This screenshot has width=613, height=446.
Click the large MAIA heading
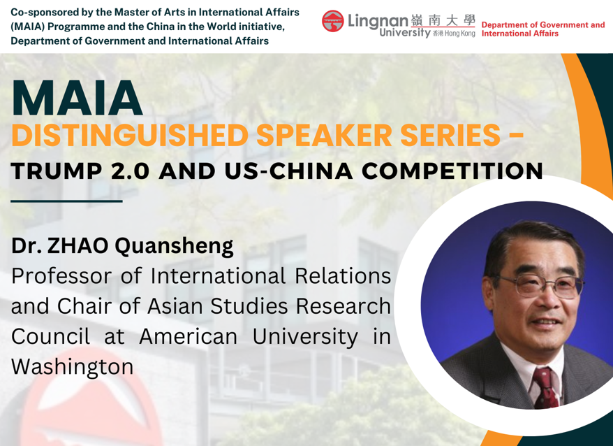pos(77,98)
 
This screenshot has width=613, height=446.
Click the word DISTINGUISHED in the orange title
pos(130,135)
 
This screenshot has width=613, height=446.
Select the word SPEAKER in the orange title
pos(324,135)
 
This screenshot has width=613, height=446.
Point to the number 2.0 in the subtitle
pos(130,171)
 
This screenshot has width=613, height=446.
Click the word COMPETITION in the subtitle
pos(452,171)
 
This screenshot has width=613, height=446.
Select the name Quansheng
pos(174,246)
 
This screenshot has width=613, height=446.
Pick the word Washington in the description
pos(73,367)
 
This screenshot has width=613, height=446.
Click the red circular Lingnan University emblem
pos(333,21)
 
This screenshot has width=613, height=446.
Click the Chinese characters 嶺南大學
pos(443,20)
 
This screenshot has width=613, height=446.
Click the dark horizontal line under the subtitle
pos(66,201)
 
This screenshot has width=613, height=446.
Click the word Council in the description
pos(50,337)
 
